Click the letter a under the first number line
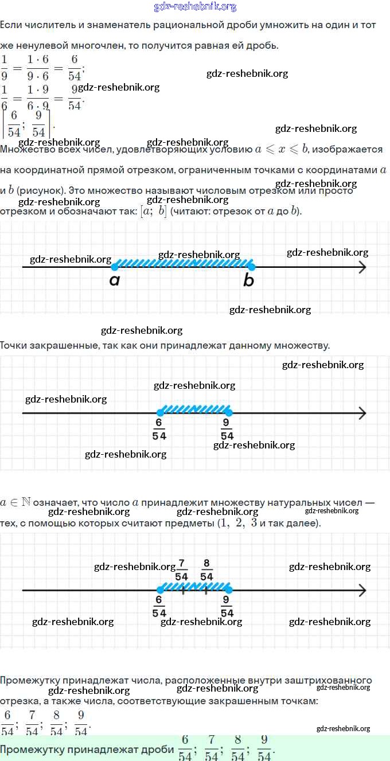click(x=115, y=280)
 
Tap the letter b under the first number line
click(x=248, y=280)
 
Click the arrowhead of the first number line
click(x=362, y=267)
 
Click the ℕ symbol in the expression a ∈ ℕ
click(x=26, y=502)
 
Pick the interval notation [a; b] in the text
click(x=154, y=211)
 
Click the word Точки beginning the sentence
click(x=14, y=345)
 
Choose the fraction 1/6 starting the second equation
click(x=5, y=97)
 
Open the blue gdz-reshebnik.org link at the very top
click(x=195, y=7)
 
